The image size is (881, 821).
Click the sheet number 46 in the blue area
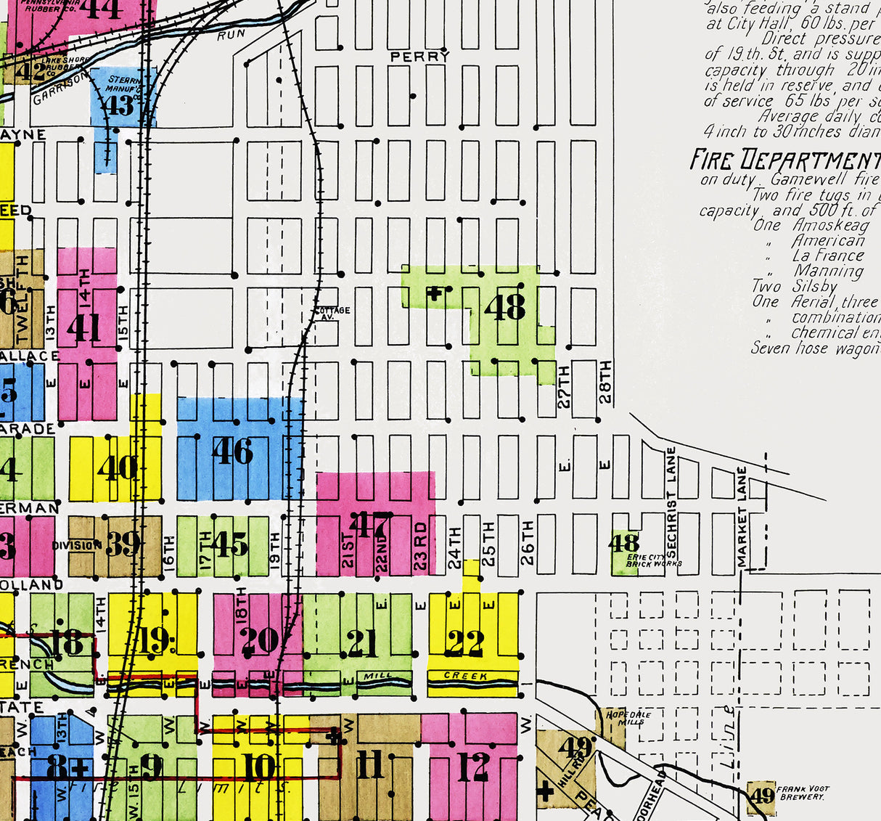pyautogui.click(x=232, y=452)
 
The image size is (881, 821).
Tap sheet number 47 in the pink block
pyautogui.click(x=370, y=525)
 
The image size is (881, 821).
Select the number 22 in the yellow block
pyautogui.click(x=465, y=642)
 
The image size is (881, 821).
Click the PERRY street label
pyautogui.click(x=419, y=56)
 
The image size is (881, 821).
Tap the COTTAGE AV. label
pyautogui.click(x=332, y=314)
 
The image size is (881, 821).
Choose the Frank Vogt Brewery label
pyautogui.click(x=802, y=793)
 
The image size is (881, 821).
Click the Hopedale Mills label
pyautogui.click(x=619, y=718)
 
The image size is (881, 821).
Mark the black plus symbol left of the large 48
pyautogui.click(x=434, y=294)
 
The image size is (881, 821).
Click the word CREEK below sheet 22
pyautogui.click(x=465, y=676)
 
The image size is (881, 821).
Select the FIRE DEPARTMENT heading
pyautogui.click(x=784, y=160)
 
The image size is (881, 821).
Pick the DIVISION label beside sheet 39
pyautogui.click(x=76, y=545)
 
